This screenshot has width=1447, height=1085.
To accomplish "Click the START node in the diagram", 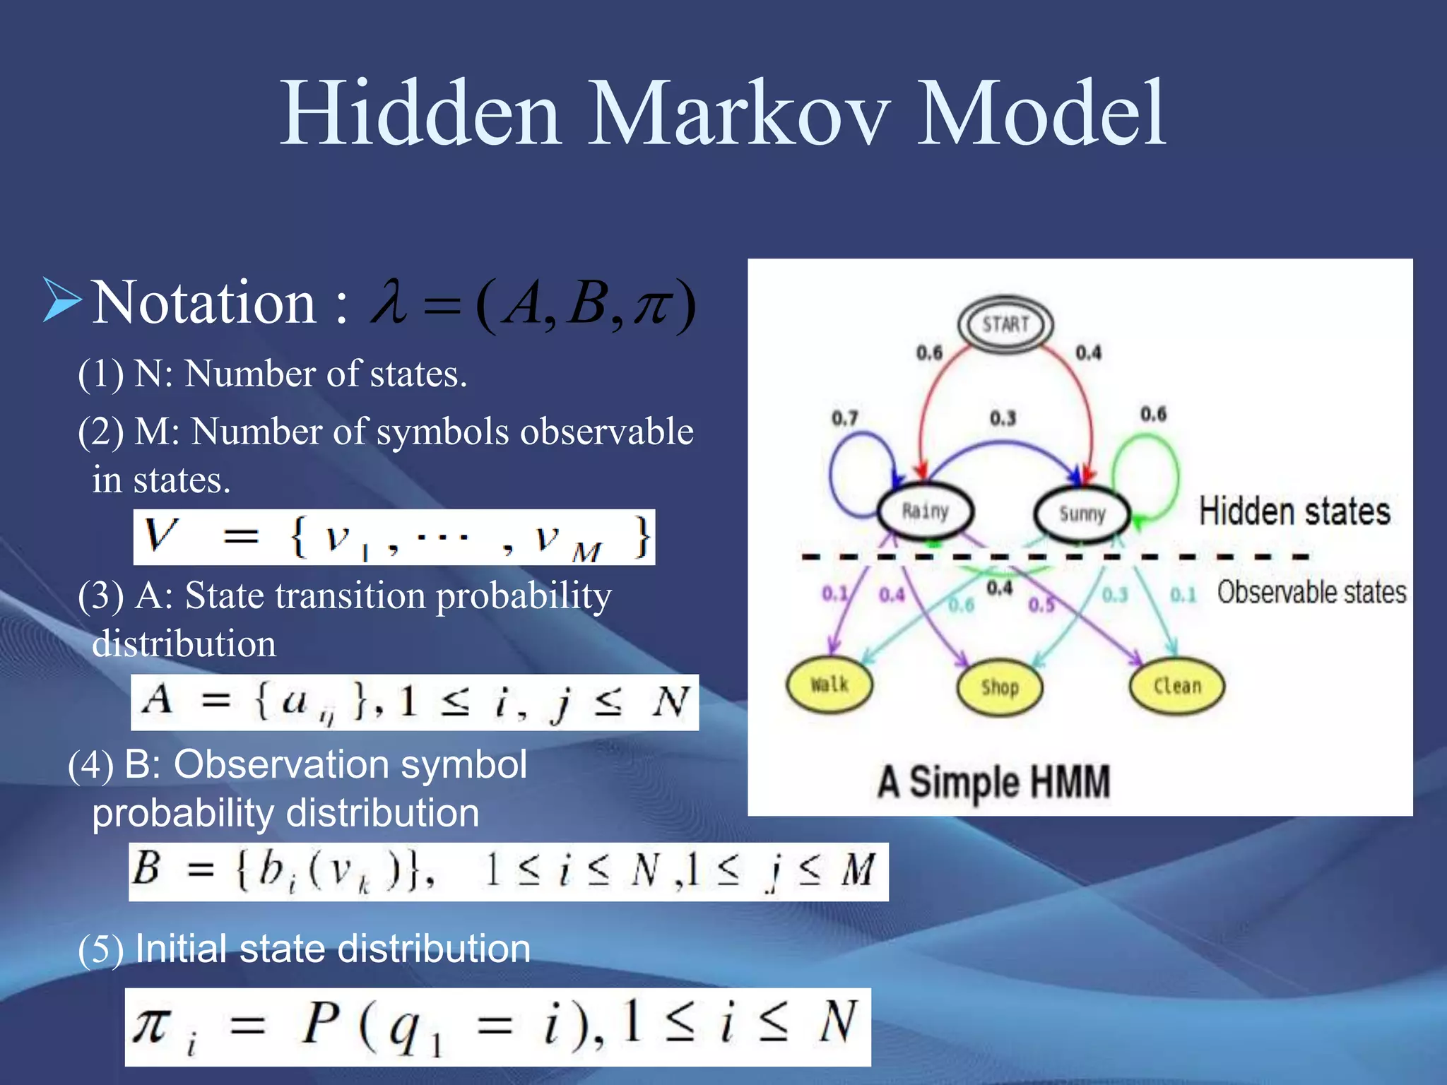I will [x=1005, y=325].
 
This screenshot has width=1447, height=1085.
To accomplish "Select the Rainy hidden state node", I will [x=926, y=511].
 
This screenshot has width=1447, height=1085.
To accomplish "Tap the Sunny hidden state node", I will [x=1082, y=514].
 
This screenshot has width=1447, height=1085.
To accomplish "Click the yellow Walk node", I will [x=829, y=684].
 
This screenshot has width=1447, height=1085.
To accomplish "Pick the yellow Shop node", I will [x=999, y=687].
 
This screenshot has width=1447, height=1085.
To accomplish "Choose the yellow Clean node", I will [x=1177, y=685].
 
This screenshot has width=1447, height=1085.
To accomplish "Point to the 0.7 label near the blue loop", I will [x=845, y=418].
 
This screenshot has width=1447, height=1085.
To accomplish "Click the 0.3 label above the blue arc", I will [x=1003, y=418].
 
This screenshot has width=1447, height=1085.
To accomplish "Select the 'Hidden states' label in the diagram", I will [x=1294, y=511].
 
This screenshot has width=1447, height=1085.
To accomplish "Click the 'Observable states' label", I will [x=1311, y=592].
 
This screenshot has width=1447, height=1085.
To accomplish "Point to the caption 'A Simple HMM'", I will [x=993, y=782].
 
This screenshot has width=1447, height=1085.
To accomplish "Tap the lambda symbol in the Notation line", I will [x=389, y=302].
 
